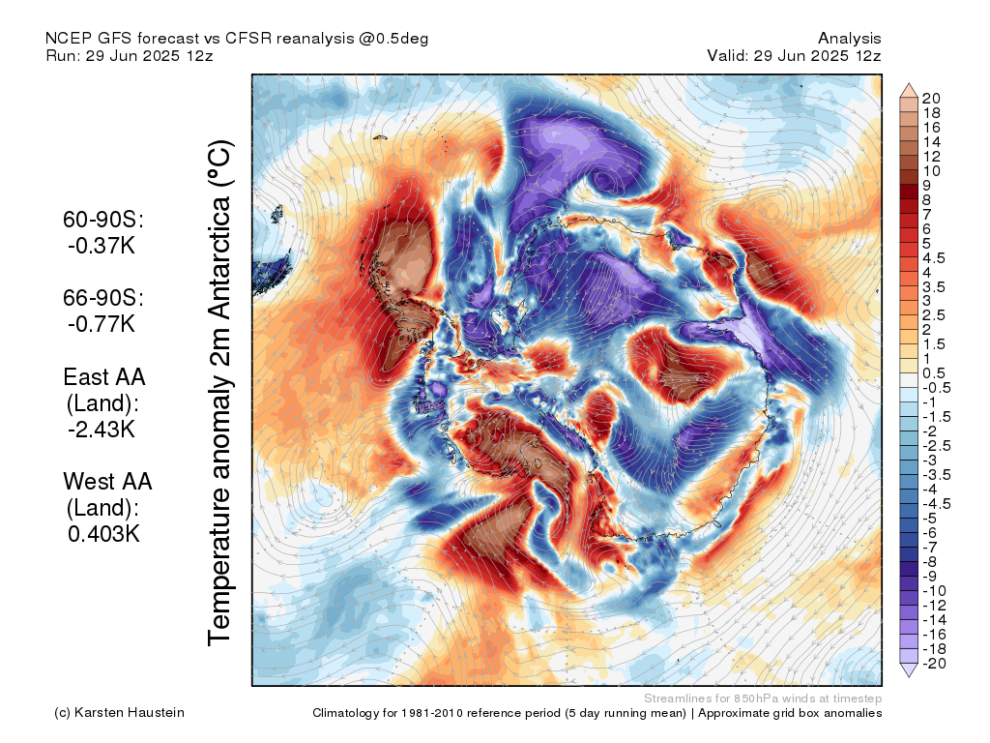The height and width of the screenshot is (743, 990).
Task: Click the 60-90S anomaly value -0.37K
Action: click(102, 246)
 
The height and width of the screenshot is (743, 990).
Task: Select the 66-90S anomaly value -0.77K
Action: click(102, 324)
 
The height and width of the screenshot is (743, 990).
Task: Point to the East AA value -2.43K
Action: click(102, 430)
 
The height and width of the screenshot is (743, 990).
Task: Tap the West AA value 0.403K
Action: click(103, 534)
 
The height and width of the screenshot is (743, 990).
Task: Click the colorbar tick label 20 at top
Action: click(931, 99)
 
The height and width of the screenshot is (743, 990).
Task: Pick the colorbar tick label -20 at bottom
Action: click(935, 664)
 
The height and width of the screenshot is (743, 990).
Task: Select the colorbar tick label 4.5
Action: click(934, 258)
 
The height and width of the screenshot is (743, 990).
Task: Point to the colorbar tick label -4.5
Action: click(936, 504)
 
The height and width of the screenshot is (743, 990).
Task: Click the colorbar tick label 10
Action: click(931, 171)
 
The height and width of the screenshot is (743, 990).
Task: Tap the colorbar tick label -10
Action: click(935, 591)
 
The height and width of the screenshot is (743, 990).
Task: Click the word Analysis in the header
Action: click(849, 39)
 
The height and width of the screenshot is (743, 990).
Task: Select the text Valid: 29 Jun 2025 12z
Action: click(794, 55)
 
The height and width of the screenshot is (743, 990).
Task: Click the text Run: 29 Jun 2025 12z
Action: click(130, 55)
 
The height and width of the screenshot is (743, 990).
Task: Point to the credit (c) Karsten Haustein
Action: click(119, 713)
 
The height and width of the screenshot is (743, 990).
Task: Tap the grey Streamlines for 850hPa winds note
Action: click(763, 698)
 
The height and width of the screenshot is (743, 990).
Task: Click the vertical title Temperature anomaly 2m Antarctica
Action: click(220, 393)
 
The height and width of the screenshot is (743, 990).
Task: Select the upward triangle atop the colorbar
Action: click(909, 90)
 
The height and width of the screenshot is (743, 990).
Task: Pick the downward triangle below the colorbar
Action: click(909, 670)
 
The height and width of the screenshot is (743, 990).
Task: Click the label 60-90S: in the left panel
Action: click(103, 220)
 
